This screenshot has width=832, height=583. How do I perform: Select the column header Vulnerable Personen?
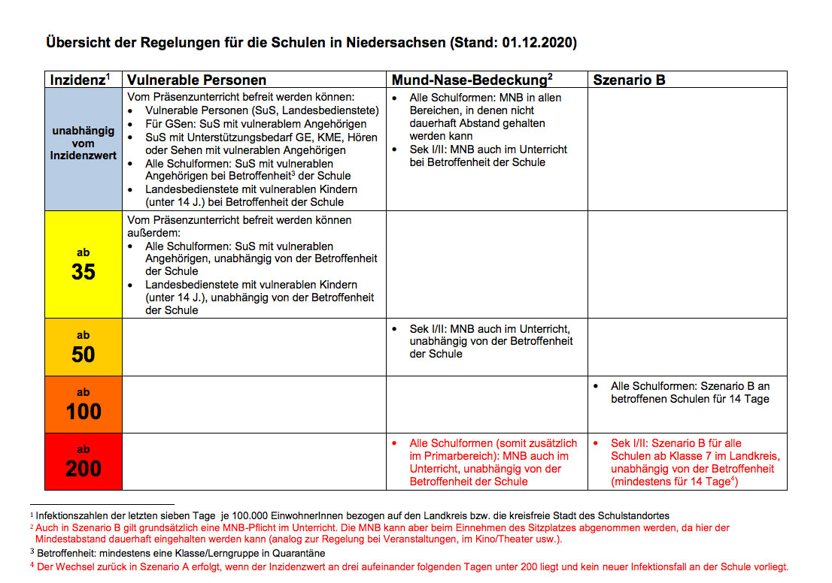point(196,80)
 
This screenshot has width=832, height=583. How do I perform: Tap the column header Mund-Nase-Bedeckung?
point(469,80)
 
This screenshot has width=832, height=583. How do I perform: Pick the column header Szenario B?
point(629,80)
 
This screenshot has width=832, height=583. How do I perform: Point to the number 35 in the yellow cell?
point(84,272)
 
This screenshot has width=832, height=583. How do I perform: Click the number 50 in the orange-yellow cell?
point(84,355)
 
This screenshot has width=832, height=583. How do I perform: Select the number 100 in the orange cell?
point(84,412)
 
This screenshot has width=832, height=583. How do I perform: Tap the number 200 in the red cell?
point(84,469)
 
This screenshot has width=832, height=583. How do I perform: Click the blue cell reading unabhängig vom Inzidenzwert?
point(84,143)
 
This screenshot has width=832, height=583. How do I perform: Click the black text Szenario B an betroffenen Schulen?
point(690,393)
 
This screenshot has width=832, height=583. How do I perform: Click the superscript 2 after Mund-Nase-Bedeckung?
point(551,75)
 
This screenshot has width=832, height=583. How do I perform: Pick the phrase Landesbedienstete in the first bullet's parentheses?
point(333,110)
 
